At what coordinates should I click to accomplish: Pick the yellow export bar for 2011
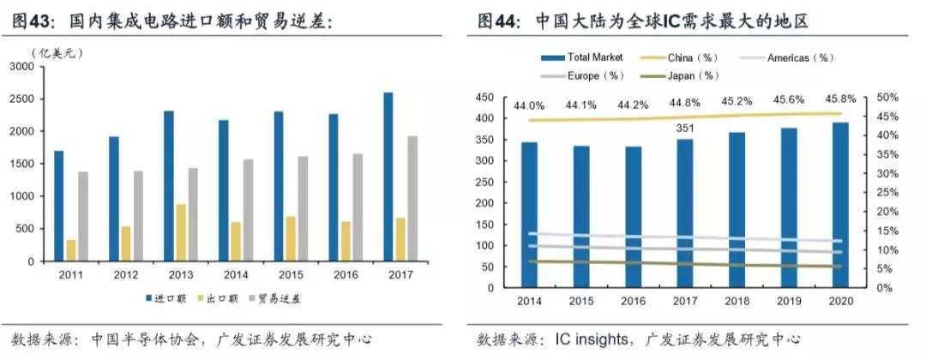[70, 250]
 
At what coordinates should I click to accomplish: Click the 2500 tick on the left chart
[23, 99]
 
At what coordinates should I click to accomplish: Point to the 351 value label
[685, 129]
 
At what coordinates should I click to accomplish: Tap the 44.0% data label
[530, 106]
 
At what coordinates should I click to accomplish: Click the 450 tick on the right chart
[491, 98]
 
